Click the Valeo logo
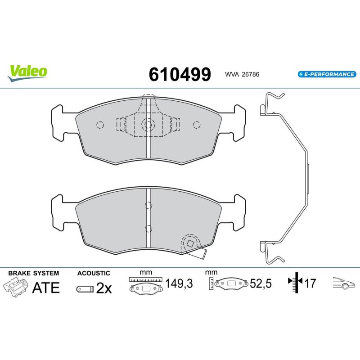(x=27, y=73)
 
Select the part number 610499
(x=180, y=74)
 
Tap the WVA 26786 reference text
(x=242, y=74)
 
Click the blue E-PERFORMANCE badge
(x=327, y=74)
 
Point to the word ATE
(x=46, y=288)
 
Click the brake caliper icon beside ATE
(x=15, y=287)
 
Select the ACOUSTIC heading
(x=94, y=273)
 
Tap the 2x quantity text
(x=104, y=288)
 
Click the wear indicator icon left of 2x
(x=85, y=289)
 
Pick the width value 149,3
(x=179, y=283)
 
